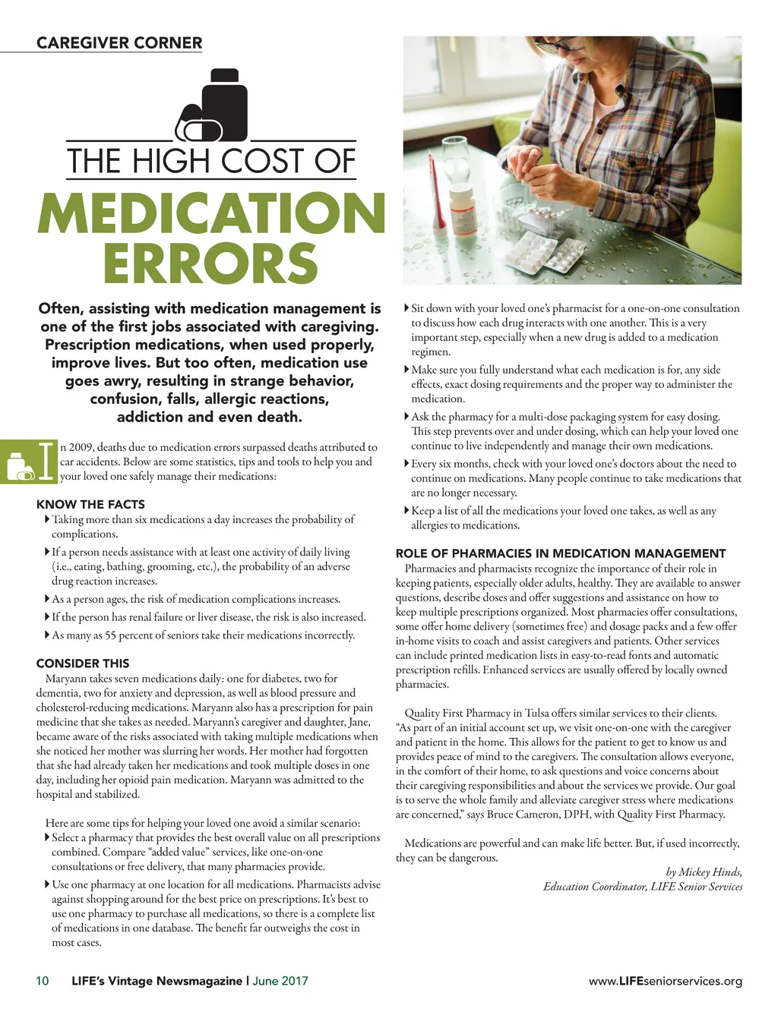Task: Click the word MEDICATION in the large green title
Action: click(211, 213)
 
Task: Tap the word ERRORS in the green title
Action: click(210, 263)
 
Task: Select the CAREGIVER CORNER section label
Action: click(119, 43)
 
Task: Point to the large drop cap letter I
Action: click(47, 460)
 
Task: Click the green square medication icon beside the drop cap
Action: click(17, 461)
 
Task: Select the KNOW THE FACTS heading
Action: click(90, 504)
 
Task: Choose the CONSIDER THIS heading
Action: click(83, 663)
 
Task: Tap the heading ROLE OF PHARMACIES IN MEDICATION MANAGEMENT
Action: click(561, 553)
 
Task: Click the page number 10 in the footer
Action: click(43, 981)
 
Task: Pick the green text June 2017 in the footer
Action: click(280, 981)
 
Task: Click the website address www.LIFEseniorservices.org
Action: click(666, 981)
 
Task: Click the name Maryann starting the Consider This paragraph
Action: click(66, 678)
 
